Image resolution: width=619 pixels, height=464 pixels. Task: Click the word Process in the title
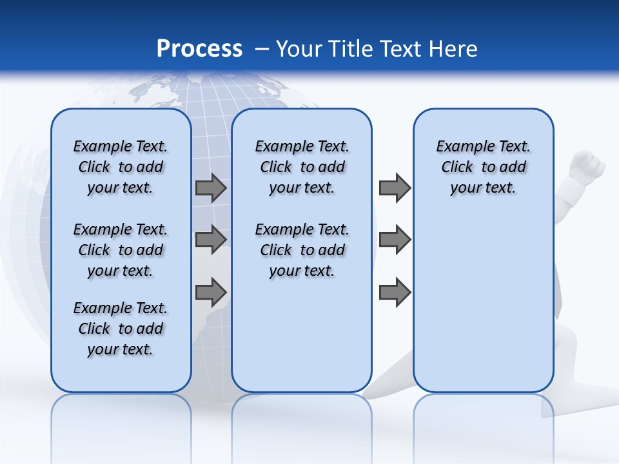[199, 48]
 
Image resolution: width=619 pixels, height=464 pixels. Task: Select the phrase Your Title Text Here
[377, 48]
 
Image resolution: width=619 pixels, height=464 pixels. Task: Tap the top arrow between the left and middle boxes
[211, 188]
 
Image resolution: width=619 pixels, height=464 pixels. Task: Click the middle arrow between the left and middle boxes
[211, 240]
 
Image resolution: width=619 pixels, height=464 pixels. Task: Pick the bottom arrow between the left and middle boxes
[211, 292]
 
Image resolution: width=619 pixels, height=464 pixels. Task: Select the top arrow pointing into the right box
[395, 188]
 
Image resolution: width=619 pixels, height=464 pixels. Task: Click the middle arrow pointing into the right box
[395, 240]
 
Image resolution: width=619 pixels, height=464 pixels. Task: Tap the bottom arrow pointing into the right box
[395, 292]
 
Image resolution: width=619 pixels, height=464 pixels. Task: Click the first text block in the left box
[120, 167]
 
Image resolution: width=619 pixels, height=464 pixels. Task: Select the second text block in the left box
[120, 250]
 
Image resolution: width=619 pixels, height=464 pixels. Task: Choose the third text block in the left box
[120, 329]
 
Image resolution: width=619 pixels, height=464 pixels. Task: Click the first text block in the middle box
[302, 167]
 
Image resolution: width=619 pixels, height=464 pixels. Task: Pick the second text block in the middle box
[302, 250]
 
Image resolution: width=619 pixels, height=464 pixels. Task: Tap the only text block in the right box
[483, 167]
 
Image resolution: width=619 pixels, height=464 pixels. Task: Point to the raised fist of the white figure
[588, 166]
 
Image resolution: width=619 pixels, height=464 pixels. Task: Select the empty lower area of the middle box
[302, 335]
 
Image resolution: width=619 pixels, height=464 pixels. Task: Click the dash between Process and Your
[262, 48]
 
